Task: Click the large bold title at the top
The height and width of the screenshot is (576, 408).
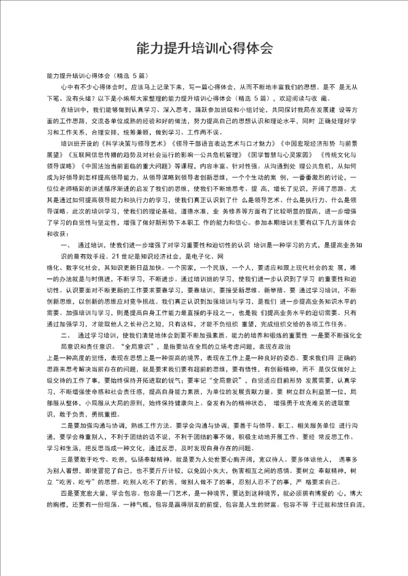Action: point(204,48)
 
